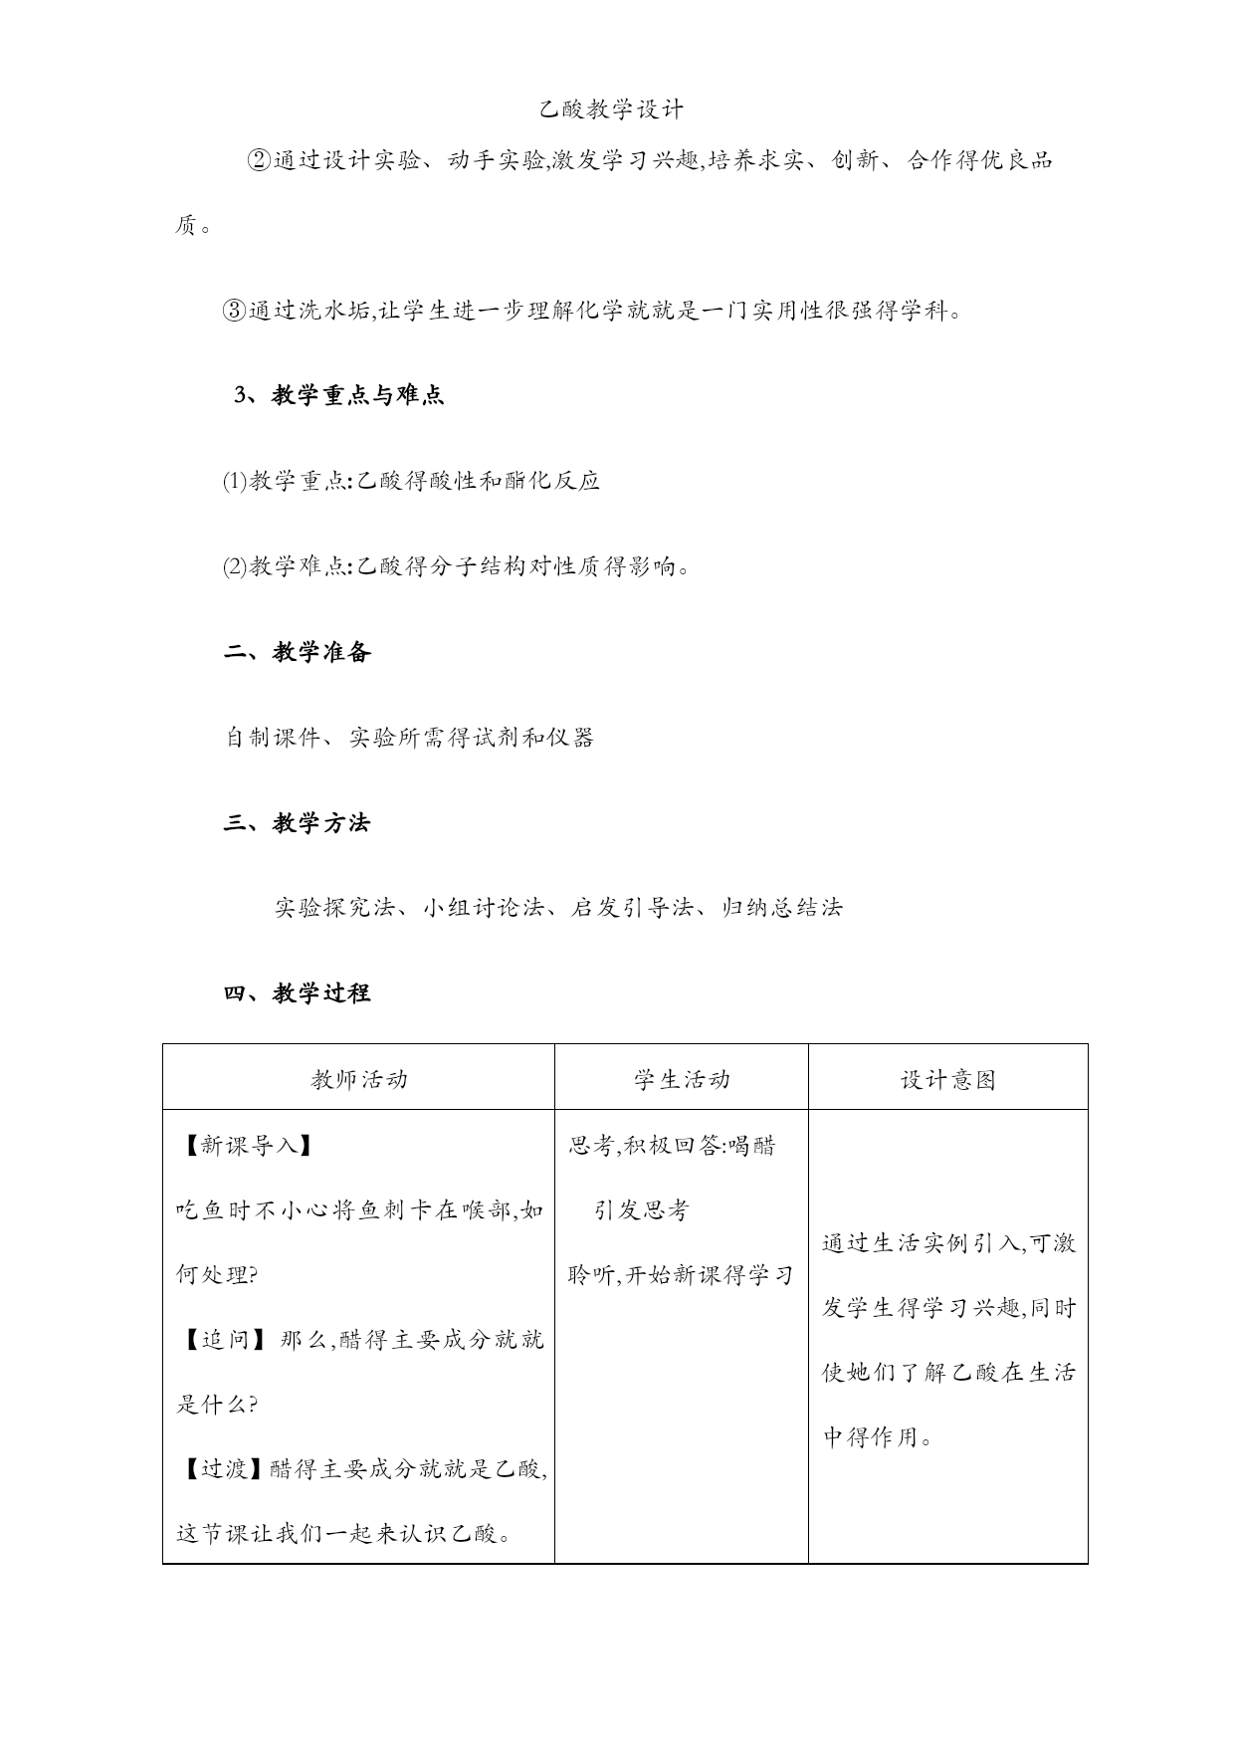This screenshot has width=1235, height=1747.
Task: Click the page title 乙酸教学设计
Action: (611, 109)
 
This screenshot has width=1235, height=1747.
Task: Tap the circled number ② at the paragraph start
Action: (258, 160)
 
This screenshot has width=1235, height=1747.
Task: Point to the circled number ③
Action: (233, 311)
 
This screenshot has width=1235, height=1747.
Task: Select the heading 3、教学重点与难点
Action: (338, 395)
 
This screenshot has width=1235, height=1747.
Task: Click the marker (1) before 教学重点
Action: (234, 482)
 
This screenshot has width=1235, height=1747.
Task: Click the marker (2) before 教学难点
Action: (234, 567)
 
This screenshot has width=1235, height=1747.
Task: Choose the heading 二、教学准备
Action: (298, 652)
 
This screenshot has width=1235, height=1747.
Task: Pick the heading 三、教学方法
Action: (297, 823)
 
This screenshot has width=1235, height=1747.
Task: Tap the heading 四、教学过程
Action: (297, 992)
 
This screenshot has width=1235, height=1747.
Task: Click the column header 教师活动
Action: (358, 1080)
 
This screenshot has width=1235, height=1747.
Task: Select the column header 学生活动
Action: (682, 1080)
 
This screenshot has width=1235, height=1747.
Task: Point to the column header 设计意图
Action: (947, 1080)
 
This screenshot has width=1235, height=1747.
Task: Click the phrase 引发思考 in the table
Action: (642, 1210)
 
